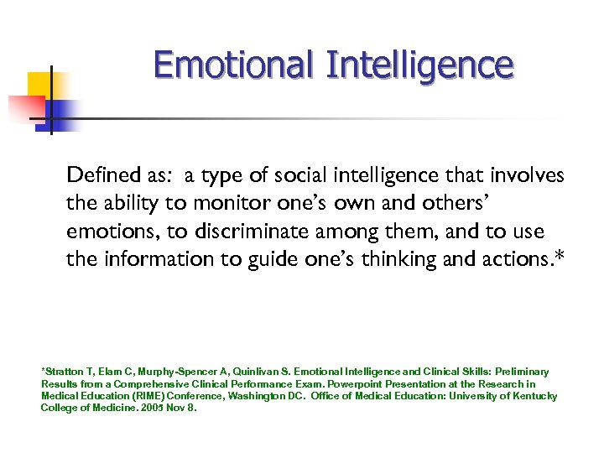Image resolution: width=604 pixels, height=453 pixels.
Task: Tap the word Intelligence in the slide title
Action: point(419,65)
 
